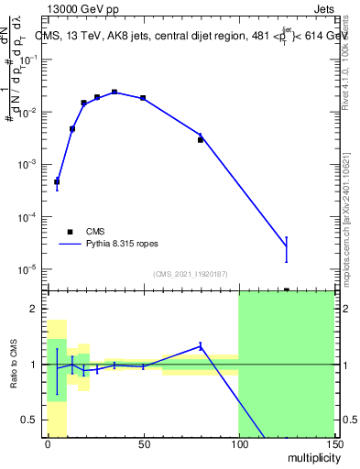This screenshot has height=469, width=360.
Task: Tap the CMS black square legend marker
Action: (x=70, y=232)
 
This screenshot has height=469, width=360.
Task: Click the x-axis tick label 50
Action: (x=143, y=444)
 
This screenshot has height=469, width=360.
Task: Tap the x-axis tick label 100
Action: (x=238, y=444)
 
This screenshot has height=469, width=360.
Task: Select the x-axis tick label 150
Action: (x=333, y=444)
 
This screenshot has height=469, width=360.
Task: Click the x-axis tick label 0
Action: (x=48, y=444)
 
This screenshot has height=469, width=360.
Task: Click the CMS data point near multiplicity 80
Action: (x=200, y=140)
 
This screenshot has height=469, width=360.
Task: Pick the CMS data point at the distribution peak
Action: (x=115, y=92)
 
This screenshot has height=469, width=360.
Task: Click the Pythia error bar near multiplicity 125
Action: (x=286, y=247)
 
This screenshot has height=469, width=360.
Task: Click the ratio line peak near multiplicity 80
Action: (x=200, y=345)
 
